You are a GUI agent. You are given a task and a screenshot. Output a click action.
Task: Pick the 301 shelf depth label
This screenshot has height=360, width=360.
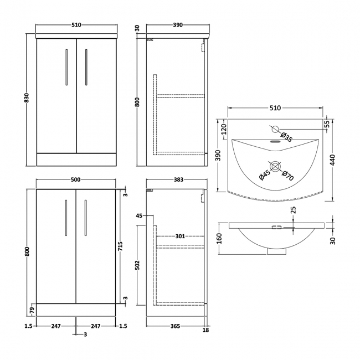click(180, 236)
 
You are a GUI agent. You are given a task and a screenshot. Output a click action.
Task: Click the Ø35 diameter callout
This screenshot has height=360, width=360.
click(287, 135)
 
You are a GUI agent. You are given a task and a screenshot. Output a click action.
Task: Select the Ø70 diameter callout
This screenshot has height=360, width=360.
click(287, 176)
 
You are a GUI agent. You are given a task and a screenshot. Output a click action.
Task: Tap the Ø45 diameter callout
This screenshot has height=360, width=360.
click(264, 176)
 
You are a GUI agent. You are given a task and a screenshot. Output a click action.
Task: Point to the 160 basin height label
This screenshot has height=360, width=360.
click(219, 239)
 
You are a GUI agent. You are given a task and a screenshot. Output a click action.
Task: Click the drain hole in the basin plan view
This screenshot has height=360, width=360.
click(275, 165)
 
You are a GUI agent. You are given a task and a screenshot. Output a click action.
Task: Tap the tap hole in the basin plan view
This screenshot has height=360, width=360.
click(275, 130)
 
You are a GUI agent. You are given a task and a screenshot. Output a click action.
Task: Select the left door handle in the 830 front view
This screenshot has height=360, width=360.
click(66, 68)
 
